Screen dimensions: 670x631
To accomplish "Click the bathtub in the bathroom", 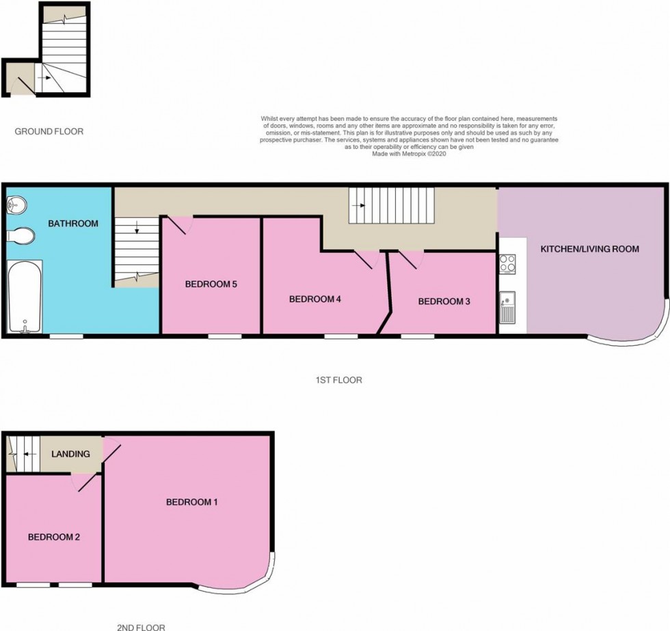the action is click(25, 297).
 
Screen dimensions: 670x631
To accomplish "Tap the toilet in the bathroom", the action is click(21, 236).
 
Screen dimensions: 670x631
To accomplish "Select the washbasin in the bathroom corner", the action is click(16, 204).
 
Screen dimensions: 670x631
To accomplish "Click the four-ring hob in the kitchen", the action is click(507, 264).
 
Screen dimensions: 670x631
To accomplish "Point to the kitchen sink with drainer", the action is click(507, 307).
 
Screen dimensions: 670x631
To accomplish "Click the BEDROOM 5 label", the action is click(211, 284).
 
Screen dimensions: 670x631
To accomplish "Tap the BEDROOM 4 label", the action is click(315, 299).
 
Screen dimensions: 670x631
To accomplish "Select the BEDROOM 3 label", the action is click(444, 301).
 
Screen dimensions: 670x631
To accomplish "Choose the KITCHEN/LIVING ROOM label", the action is click(589, 249).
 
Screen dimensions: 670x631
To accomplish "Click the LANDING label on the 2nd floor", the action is click(70, 454).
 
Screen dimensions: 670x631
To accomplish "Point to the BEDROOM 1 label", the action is click(192, 502).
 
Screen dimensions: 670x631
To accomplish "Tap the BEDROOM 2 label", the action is click(54, 537).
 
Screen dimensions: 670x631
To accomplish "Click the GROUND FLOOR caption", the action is click(49, 131).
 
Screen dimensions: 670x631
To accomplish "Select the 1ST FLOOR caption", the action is click(339, 380).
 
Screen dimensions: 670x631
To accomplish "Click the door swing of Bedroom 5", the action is click(178, 225).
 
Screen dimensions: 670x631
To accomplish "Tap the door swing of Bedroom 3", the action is click(410, 260).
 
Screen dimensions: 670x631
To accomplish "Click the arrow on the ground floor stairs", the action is click(44, 78).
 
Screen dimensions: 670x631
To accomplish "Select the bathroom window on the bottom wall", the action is click(66, 336).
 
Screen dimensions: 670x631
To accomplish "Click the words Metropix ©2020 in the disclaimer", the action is click(424, 154).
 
